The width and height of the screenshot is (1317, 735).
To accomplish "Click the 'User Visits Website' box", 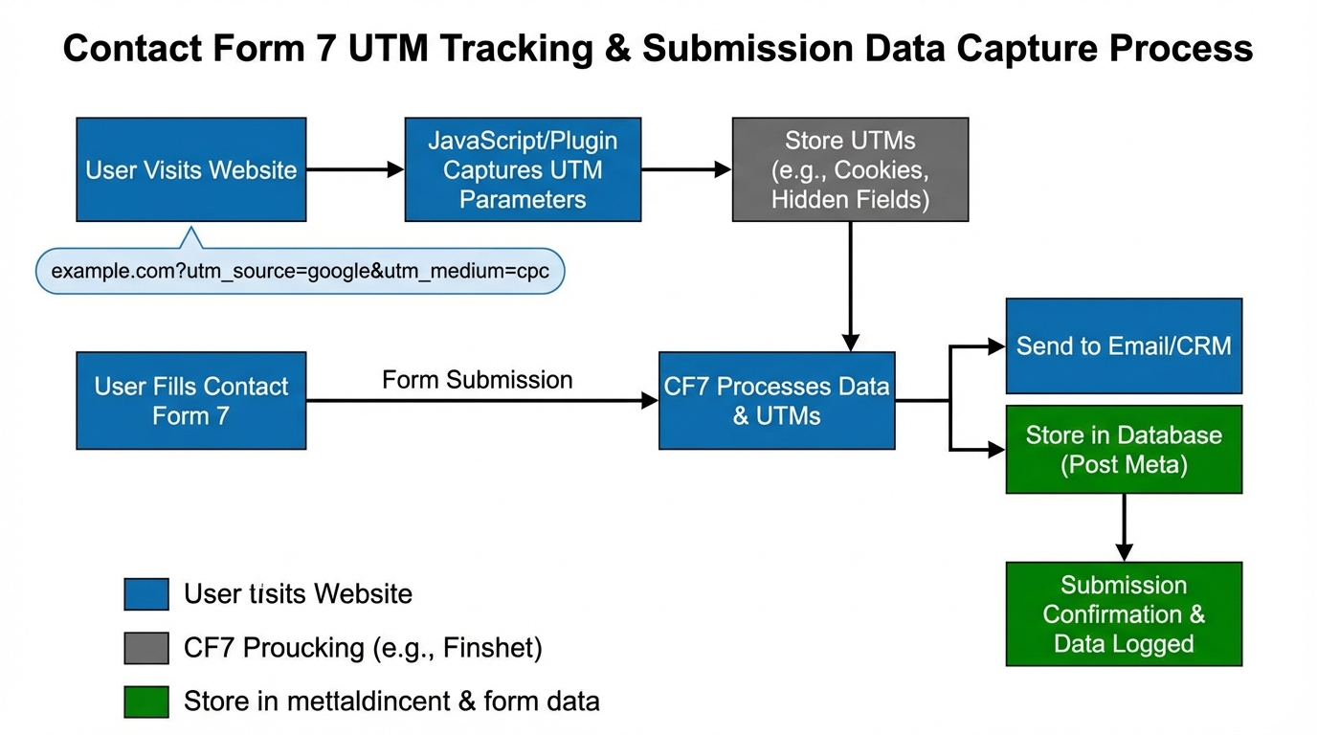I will click(191, 170).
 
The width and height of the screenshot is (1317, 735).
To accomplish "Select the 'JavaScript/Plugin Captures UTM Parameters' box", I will click(523, 170).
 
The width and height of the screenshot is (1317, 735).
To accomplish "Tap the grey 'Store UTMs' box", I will click(850, 170).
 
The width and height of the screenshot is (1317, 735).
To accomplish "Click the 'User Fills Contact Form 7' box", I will click(191, 401).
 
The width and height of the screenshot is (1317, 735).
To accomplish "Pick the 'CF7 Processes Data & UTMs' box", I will click(776, 401).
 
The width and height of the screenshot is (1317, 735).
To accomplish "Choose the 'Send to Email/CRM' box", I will click(1124, 345).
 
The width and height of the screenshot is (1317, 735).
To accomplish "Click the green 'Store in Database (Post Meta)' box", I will click(1124, 450).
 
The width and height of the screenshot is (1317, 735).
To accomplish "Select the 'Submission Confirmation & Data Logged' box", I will click(1124, 613).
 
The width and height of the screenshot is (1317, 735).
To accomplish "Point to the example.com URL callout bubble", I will click(300, 271).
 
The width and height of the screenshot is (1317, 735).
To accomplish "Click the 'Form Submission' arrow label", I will click(477, 380).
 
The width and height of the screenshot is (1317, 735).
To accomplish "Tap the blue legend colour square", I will click(146, 594).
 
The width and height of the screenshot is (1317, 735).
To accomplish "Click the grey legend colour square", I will click(146, 648).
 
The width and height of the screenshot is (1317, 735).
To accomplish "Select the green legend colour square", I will click(146, 702).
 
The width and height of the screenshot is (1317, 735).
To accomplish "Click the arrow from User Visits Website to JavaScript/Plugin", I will click(355, 170).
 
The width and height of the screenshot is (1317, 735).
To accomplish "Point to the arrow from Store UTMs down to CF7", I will click(850, 287).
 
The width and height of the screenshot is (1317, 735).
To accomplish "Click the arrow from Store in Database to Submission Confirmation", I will click(1124, 527).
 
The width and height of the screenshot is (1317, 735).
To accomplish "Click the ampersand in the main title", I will click(615, 48).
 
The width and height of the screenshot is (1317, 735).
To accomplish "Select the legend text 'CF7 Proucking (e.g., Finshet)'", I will click(363, 648).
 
